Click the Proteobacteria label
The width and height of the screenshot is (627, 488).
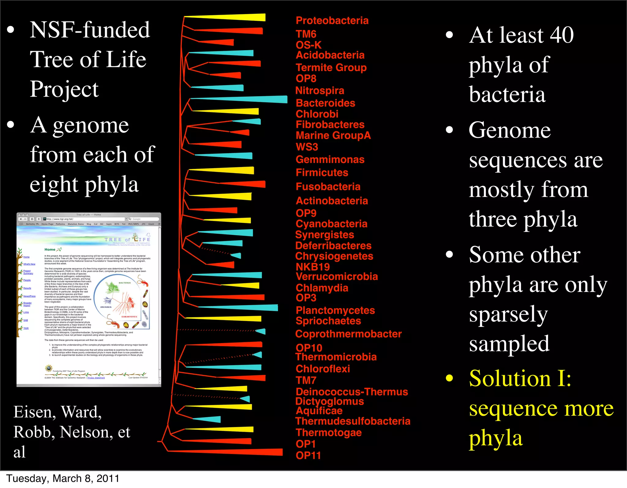[x=332, y=21]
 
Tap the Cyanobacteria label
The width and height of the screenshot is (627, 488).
[x=331, y=224]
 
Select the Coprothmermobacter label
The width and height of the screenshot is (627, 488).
[x=348, y=334]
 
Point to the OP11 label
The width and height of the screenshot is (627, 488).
[x=308, y=456]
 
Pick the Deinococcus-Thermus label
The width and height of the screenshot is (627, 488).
[x=352, y=392]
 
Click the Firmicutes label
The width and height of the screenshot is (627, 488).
[x=322, y=172]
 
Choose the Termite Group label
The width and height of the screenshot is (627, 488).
[x=331, y=67]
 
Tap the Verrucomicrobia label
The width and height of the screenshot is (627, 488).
[x=336, y=277]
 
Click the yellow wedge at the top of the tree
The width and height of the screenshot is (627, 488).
[x=233, y=17]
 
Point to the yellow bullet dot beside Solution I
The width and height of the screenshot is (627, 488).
[x=449, y=378]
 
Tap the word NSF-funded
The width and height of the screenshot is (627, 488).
[x=90, y=30]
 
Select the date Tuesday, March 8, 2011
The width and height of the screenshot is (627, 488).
[x=63, y=479]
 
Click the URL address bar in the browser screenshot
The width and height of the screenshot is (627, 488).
[x=84, y=219]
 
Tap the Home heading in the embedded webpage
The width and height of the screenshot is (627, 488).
[x=50, y=249]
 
